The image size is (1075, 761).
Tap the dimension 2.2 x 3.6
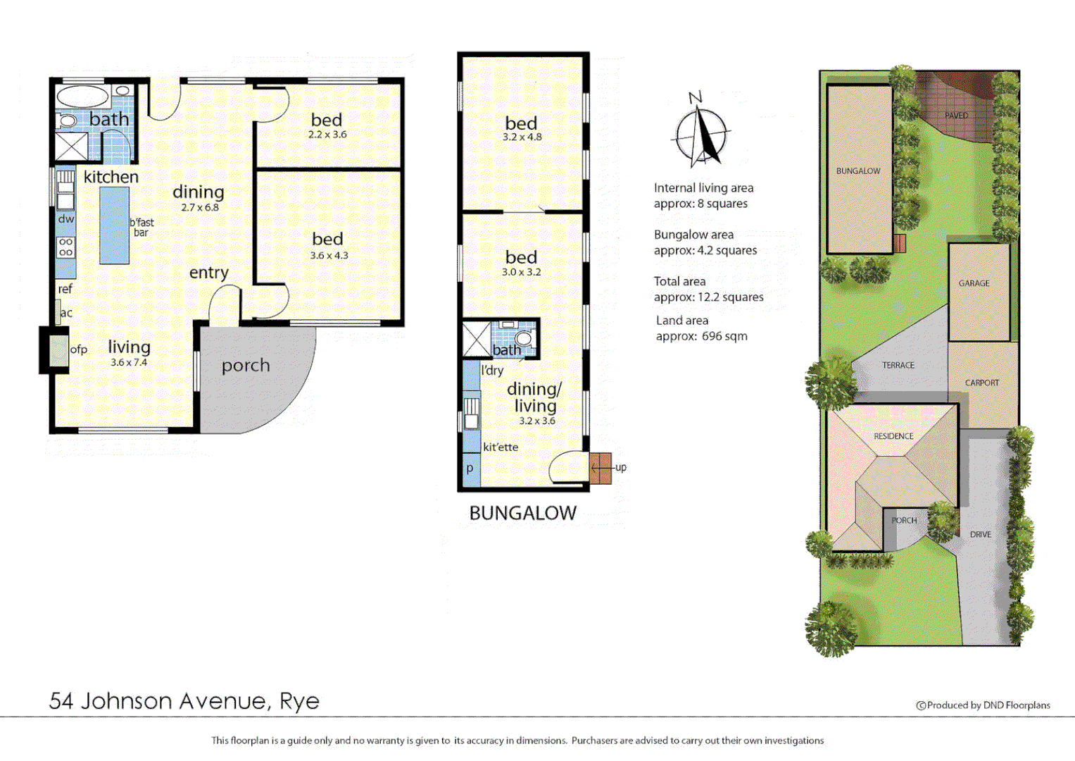pyautogui.click(x=327, y=135)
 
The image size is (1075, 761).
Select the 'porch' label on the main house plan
pyautogui.click(x=246, y=365)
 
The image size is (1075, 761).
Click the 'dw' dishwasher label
pyautogui.click(x=66, y=219)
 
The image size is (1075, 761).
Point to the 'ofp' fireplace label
pyautogui.click(x=79, y=349)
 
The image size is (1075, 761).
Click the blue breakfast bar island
pyautogui.click(x=114, y=225)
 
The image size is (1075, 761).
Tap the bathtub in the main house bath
pyautogui.click(x=82, y=97)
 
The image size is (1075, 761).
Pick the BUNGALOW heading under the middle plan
pyautogui.click(x=522, y=513)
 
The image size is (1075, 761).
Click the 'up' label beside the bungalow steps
pyautogui.click(x=620, y=467)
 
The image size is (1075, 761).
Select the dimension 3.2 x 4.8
pyautogui.click(x=522, y=137)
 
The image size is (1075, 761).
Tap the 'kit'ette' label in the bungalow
pyautogui.click(x=501, y=447)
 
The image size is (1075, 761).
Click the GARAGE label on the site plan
pyautogui.click(x=974, y=283)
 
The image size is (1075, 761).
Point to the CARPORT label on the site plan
pyautogui.click(x=982, y=383)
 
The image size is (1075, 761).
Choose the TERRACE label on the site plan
pyautogui.click(x=898, y=365)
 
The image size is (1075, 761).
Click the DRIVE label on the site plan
pyautogui.click(x=981, y=534)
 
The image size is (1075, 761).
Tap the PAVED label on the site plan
pyautogui.click(x=956, y=116)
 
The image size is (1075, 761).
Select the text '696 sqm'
pyautogui.click(x=724, y=336)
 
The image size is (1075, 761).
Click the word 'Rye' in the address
pyautogui.click(x=299, y=701)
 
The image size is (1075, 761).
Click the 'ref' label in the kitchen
pyautogui.click(x=65, y=289)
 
